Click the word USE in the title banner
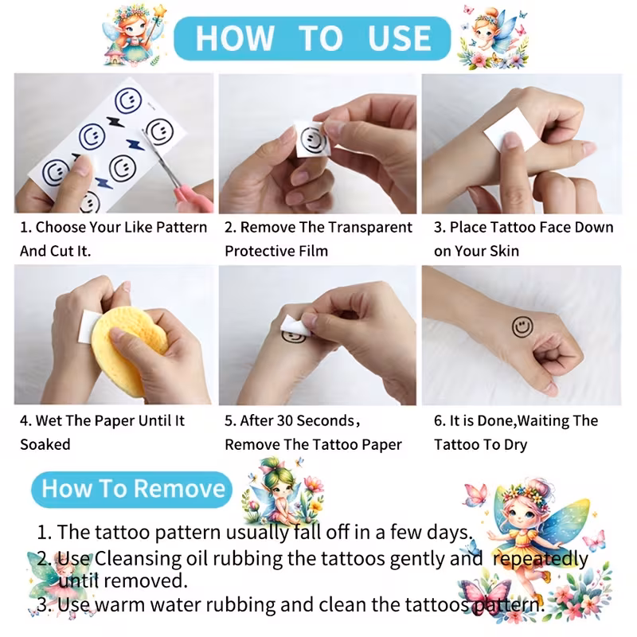tap(399, 38)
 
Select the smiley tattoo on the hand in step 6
tap(522, 326)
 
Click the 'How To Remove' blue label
tap(132, 489)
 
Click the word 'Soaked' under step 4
tap(45, 444)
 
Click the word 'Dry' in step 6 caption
tap(515, 445)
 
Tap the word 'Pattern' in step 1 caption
tap(182, 228)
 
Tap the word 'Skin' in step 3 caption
tap(504, 251)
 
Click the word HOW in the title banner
tap(235, 38)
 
